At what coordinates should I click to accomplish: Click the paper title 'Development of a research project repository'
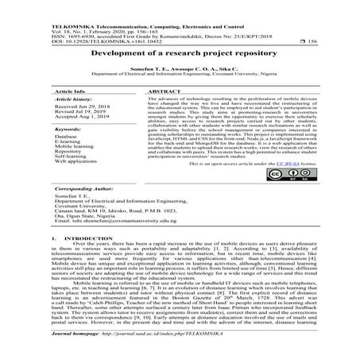point(180,53)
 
